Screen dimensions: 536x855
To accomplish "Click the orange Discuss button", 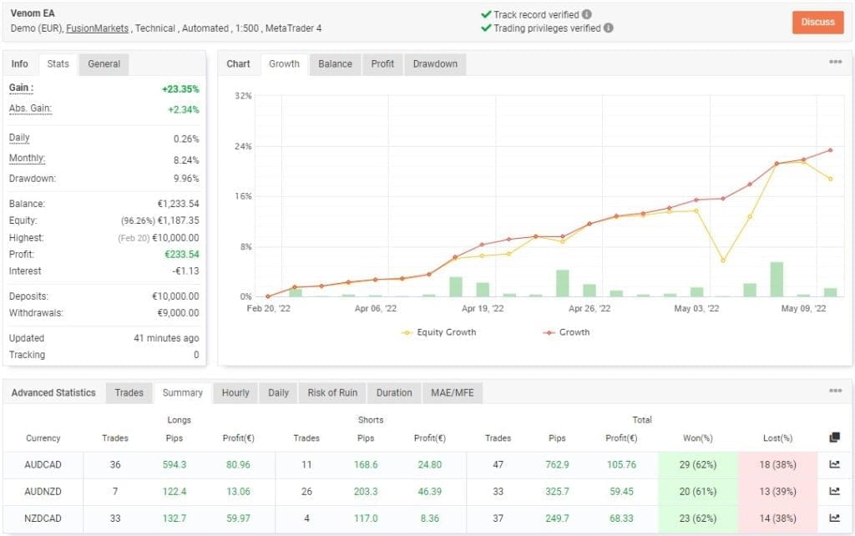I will pyautogui.click(x=817, y=22).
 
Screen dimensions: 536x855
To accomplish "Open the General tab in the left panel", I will pyautogui.click(x=104, y=64).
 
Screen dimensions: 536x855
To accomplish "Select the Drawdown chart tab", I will pyautogui.click(x=435, y=64).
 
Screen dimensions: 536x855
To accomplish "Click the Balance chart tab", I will pyautogui.click(x=335, y=64).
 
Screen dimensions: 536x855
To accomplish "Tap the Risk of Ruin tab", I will pyautogui.click(x=332, y=392).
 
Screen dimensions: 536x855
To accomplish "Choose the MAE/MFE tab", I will pyautogui.click(x=452, y=392).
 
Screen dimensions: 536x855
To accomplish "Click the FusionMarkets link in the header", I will pyautogui.click(x=99, y=28).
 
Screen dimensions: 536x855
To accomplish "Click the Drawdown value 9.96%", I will pyautogui.click(x=185, y=179).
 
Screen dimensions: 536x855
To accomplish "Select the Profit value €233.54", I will pyautogui.click(x=180, y=254).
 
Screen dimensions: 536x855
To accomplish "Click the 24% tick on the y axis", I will pyautogui.click(x=243, y=147).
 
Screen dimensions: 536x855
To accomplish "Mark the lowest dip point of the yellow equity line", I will pyautogui.click(x=722, y=260).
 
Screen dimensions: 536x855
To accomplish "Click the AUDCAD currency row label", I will pyautogui.click(x=43, y=466).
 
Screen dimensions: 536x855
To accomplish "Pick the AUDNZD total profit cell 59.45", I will pyautogui.click(x=621, y=492).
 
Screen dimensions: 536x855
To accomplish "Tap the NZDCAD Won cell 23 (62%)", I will pyautogui.click(x=698, y=518).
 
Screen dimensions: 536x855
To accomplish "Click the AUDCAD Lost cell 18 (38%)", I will pyautogui.click(x=778, y=466).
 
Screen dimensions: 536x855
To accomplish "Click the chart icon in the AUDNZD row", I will pyautogui.click(x=834, y=492).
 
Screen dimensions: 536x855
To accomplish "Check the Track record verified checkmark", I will pyautogui.click(x=486, y=14).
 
